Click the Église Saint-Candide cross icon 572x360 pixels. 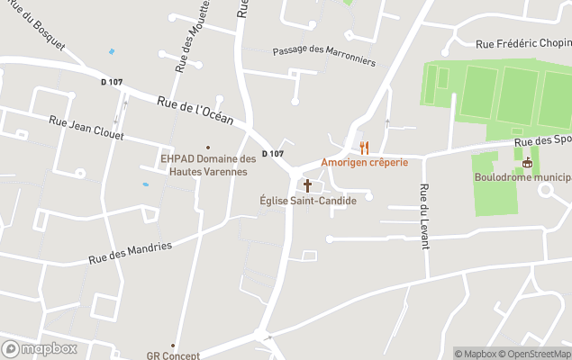(x=307, y=185)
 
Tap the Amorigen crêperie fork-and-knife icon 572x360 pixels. (x=365, y=148)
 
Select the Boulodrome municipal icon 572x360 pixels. (x=528, y=163)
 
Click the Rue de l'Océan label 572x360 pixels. (x=195, y=112)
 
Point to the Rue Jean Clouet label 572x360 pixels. (x=86, y=127)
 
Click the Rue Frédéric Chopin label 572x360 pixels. (x=523, y=42)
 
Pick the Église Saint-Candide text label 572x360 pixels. (x=307, y=201)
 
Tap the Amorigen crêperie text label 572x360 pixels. (x=364, y=163)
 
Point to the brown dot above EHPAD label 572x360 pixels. (x=208, y=148)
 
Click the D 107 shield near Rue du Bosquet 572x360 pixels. (x=112, y=82)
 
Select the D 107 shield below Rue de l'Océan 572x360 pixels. (x=273, y=154)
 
